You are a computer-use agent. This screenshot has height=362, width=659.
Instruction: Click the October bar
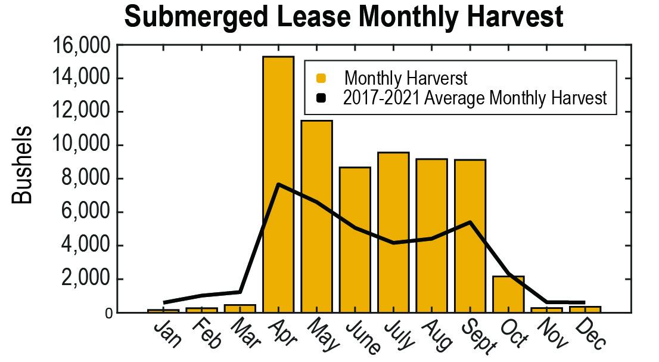tap(508, 295)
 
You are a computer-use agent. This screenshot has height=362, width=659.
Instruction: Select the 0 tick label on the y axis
tap(108, 313)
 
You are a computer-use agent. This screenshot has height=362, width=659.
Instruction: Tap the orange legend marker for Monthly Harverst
tap(321, 78)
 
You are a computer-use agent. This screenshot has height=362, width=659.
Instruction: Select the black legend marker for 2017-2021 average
tap(321, 98)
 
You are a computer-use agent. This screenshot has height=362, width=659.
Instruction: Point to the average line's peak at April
tap(278, 184)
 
